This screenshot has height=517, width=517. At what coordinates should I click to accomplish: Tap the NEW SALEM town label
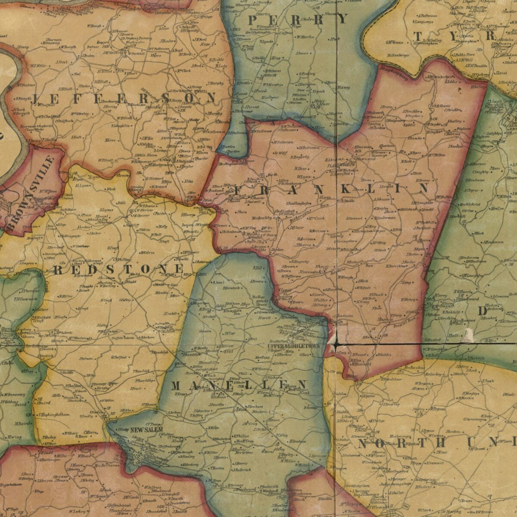(147, 430)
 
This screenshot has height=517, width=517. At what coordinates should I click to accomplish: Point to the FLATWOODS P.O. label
(340, 165)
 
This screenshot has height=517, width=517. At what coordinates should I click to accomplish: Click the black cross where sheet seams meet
(336, 344)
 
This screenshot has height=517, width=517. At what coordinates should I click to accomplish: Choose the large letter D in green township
(482, 311)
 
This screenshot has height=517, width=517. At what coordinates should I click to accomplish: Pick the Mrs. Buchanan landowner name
(106, 465)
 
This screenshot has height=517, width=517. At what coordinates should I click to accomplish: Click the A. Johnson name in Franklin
(382, 199)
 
